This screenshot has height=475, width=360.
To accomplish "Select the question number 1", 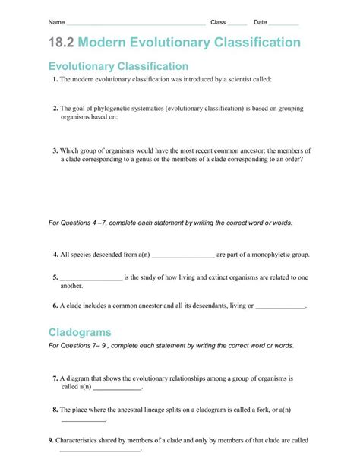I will (55, 79).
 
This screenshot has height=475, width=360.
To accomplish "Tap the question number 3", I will (55, 150).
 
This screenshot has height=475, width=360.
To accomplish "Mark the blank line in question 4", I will (183, 256).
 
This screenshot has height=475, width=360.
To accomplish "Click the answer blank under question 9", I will (99, 451).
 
